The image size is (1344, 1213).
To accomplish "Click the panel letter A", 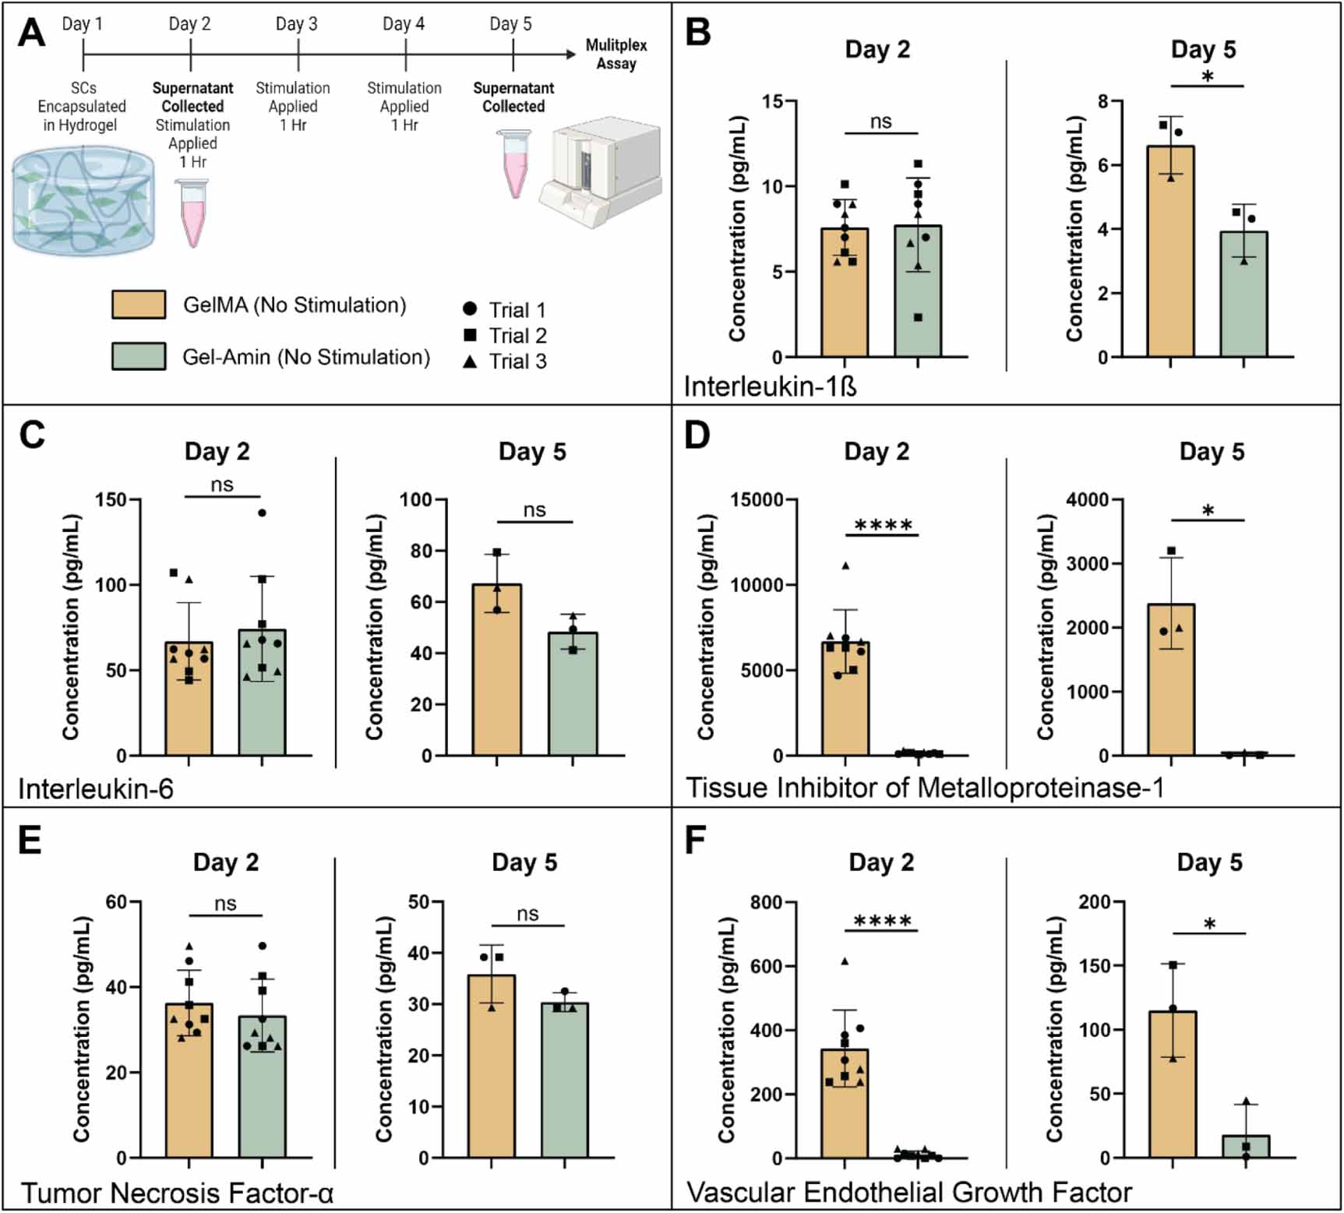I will click(x=32, y=33).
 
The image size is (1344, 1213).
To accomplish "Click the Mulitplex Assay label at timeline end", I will click(x=616, y=55).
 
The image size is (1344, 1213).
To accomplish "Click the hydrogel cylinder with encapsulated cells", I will click(x=83, y=202).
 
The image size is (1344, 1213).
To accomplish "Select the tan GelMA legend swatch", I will click(x=139, y=305).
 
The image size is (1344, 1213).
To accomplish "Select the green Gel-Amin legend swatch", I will click(x=139, y=356).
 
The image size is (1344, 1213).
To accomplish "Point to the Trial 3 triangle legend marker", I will click(x=470, y=361).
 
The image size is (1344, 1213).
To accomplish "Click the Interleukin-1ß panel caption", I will click(x=770, y=386).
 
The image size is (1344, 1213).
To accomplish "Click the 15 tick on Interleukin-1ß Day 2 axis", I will click(x=773, y=101).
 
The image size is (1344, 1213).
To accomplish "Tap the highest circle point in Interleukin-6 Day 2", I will click(x=262, y=513).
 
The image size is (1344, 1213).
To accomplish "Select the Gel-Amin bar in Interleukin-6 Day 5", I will click(x=573, y=693).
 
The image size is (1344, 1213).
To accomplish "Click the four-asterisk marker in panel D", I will click(x=883, y=525).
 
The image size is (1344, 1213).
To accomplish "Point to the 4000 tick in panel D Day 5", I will click(x=1088, y=499).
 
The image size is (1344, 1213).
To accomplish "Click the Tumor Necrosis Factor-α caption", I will click(x=177, y=1193).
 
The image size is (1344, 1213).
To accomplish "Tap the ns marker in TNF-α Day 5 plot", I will click(x=527, y=914).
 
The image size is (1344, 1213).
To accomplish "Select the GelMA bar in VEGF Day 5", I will click(x=1173, y=1084).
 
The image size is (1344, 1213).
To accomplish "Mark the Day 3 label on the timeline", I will click(x=297, y=24).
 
